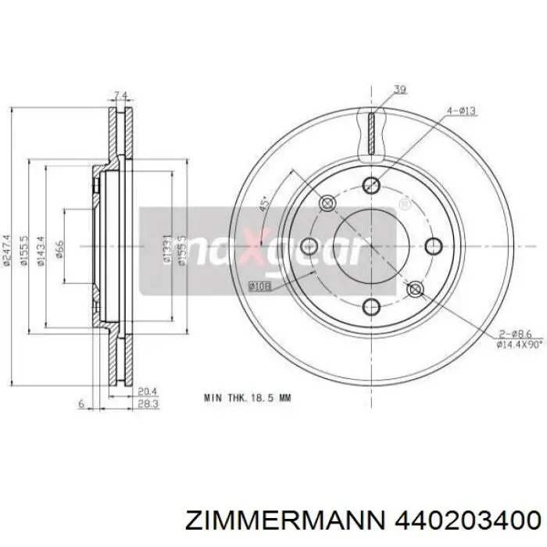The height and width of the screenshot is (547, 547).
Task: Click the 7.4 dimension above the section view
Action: (120, 96)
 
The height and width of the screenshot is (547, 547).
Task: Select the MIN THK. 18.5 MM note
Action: (246, 397)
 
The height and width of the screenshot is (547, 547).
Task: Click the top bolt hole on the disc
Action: (372, 184)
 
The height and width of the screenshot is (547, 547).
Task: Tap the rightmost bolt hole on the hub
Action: (433, 245)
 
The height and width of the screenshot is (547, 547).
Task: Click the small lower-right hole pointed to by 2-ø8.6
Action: (416, 289)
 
